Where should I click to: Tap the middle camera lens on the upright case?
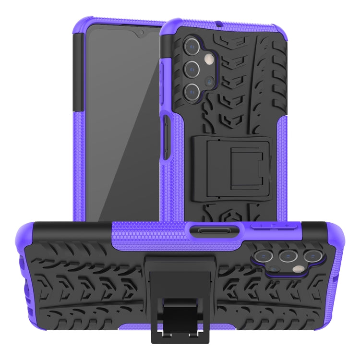coord(192,69)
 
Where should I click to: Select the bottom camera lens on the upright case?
coord(192,91)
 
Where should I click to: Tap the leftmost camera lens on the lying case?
coord(265,256)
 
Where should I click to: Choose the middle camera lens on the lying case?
coord(288,256)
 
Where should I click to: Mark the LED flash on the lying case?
coord(299,270)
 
